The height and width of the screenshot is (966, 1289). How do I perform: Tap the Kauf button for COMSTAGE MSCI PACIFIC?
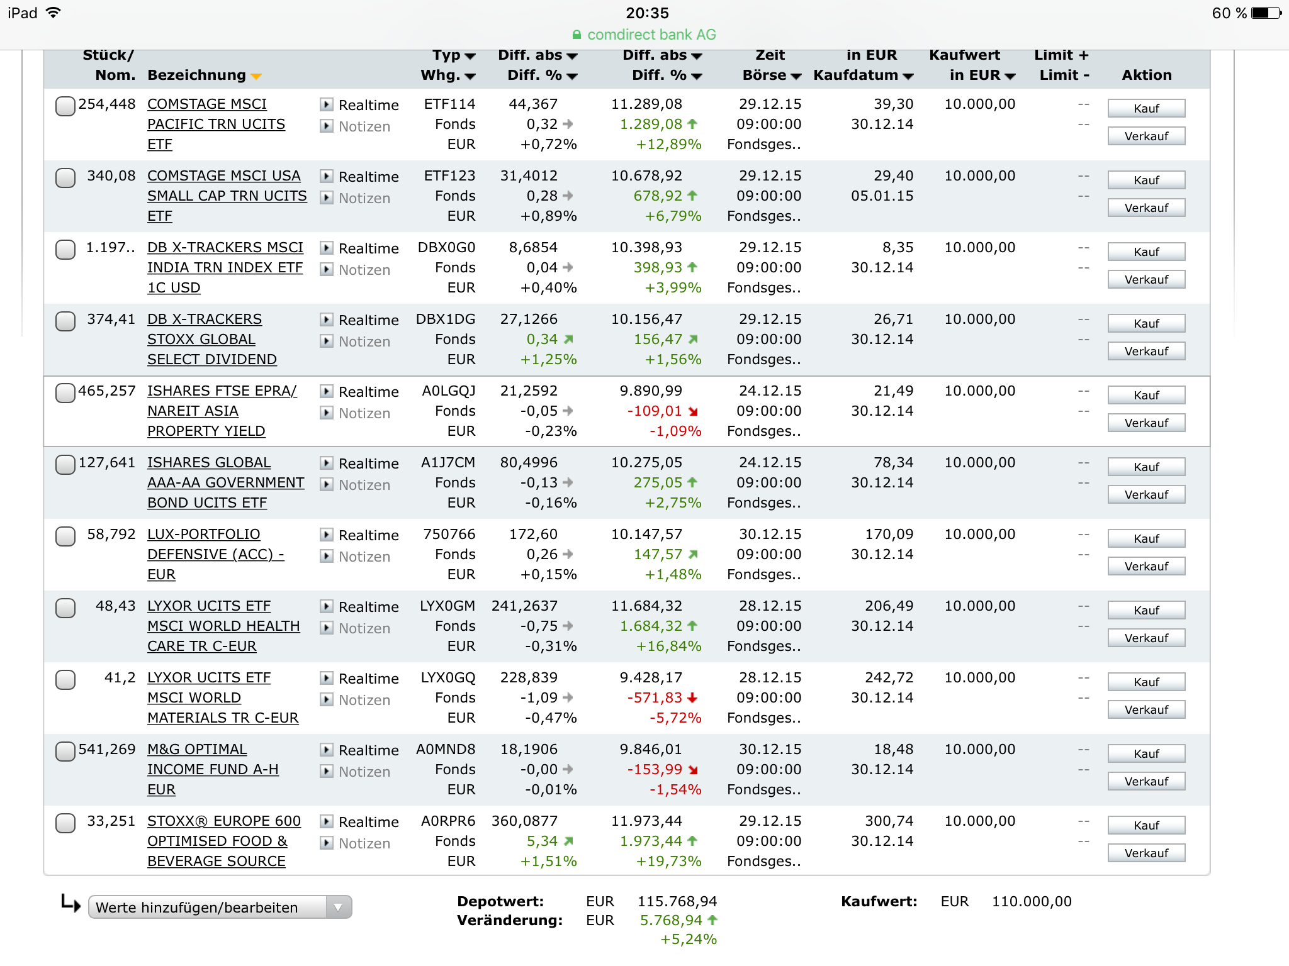coord(1146,108)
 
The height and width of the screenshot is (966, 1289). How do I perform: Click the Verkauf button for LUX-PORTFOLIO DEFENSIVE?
coord(1146,566)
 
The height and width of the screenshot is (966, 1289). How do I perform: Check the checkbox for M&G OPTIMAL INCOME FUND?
coord(65,752)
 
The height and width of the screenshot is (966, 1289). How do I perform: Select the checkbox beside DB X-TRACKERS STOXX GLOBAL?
coord(65,321)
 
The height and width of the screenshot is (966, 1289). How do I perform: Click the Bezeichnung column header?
coord(196,75)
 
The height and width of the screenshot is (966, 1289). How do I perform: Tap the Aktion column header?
coord(1146,75)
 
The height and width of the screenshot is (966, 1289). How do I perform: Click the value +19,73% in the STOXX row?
coord(668,861)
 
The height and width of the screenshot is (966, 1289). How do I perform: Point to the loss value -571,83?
coord(655,697)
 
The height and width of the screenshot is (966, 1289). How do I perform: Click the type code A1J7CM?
coord(448,463)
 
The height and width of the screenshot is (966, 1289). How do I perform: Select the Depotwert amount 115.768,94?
coord(677,901)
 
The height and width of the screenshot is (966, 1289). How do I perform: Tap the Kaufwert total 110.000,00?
coord(1032,901)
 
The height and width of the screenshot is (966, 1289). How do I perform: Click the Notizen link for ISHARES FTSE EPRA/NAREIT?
coord(364,413)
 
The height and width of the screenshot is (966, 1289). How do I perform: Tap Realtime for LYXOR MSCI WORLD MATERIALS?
coord(368,679)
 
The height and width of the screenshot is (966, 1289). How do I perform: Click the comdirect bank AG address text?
coord(651,35)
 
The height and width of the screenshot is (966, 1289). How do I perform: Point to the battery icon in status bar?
coord(1266,13)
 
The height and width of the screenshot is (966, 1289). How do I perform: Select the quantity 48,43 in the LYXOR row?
coord(115,606)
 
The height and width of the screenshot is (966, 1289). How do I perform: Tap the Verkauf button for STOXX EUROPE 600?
coord(1146,853)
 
